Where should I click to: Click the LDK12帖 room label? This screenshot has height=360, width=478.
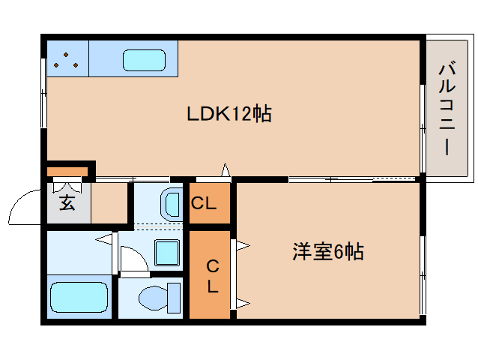pyautogui.click(x=229, y=113)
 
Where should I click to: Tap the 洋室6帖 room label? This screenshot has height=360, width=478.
pyautogui.click(x=328, y=252)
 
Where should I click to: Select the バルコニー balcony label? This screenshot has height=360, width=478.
pyautogui.click(x=447, y=108)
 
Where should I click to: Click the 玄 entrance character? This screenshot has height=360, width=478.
pyautogui.click(x=67, y=202)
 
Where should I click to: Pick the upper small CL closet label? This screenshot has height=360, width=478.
pyautogui.click(x=204, y=202)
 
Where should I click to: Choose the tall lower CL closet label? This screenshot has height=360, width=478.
pyautogui.click(x=213, y=276)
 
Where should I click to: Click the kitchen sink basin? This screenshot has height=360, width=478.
pyautogui.click(x=144, y=60)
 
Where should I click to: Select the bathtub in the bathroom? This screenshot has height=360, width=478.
pyautogui.click(x=79, y=297)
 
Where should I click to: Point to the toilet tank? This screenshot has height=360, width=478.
pyautogui.click(x=174, y=298)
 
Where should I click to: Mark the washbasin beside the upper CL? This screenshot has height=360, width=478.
pyautogui.click(x=172, y=205)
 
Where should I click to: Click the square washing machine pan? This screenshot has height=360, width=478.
pyautogui.click(x=167, y=253)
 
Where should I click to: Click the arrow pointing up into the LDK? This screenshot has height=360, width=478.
pyautogui.click(x=226, y=169)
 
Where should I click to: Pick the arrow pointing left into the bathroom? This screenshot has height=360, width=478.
pyautogui.click(x=103, y=239)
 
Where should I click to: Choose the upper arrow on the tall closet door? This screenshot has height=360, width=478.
pyautogui.click(x=243, y=245)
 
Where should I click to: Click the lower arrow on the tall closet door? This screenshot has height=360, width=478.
pyautogui.click(x=243, y=303)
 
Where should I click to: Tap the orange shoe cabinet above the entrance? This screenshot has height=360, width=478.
pyautogui.click(x=67, y=172)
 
